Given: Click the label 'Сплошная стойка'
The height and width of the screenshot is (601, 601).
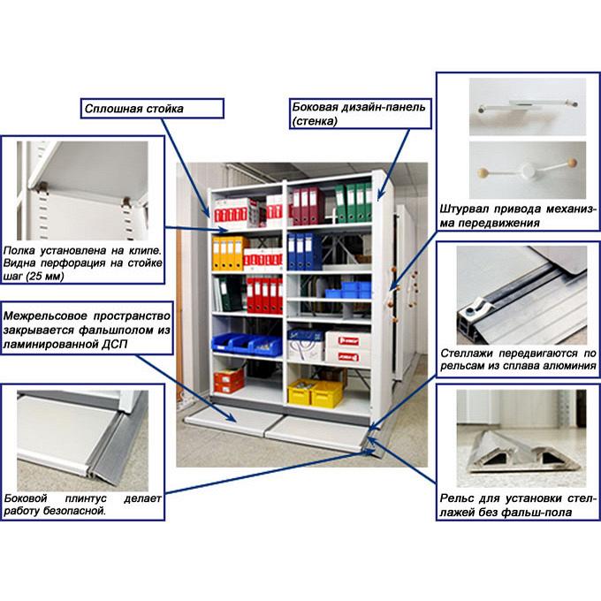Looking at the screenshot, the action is pos(133,109).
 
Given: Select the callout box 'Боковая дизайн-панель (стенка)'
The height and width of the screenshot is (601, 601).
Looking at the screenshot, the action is pos(360,114).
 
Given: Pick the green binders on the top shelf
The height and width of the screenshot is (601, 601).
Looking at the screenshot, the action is pos(354,203).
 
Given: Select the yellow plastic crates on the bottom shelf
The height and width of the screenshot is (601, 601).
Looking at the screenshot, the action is pos(315,392).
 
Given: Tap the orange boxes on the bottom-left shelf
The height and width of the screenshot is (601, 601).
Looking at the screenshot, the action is pos(229,381).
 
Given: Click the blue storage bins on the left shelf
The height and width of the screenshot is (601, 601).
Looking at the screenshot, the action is pos(247,344).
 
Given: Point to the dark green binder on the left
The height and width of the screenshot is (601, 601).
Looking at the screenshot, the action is pos(230,293).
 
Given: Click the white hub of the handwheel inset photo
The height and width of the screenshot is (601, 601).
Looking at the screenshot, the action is pos(529,169).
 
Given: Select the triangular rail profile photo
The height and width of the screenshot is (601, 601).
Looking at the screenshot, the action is pos(521,438).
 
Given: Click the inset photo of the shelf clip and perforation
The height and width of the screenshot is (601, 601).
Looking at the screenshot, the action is pos(82,191).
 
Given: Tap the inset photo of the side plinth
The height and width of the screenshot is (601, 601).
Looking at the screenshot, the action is pos(82,441).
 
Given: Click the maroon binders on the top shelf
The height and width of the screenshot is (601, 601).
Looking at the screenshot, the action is pos(307,206).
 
